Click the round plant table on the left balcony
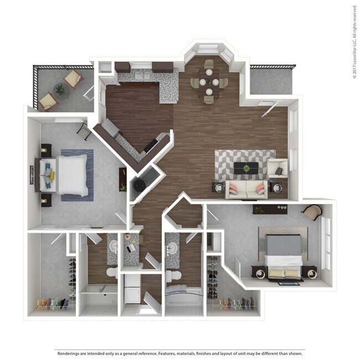click(x=59, y=90)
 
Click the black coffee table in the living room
click(x=246, y=168)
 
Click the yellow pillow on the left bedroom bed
click(x=52, y=176)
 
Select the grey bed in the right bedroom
click(x=284, y=252)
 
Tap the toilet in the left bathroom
click(x=111, y=272)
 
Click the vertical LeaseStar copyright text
click(x=354, y=42)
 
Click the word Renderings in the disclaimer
click(x=68, y=353)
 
